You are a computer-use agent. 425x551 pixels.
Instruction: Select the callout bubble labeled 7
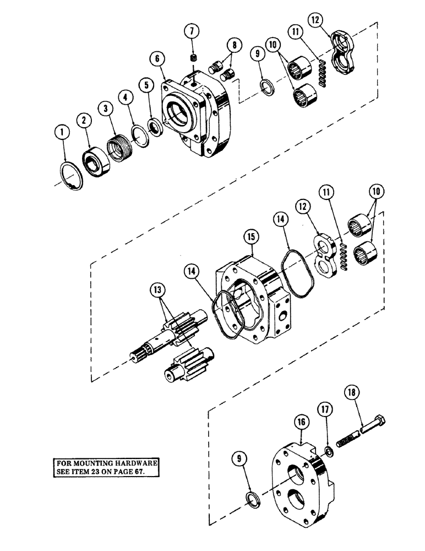192,31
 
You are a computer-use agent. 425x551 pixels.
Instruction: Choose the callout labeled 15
251,237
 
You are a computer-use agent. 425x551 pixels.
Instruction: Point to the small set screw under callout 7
193,58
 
